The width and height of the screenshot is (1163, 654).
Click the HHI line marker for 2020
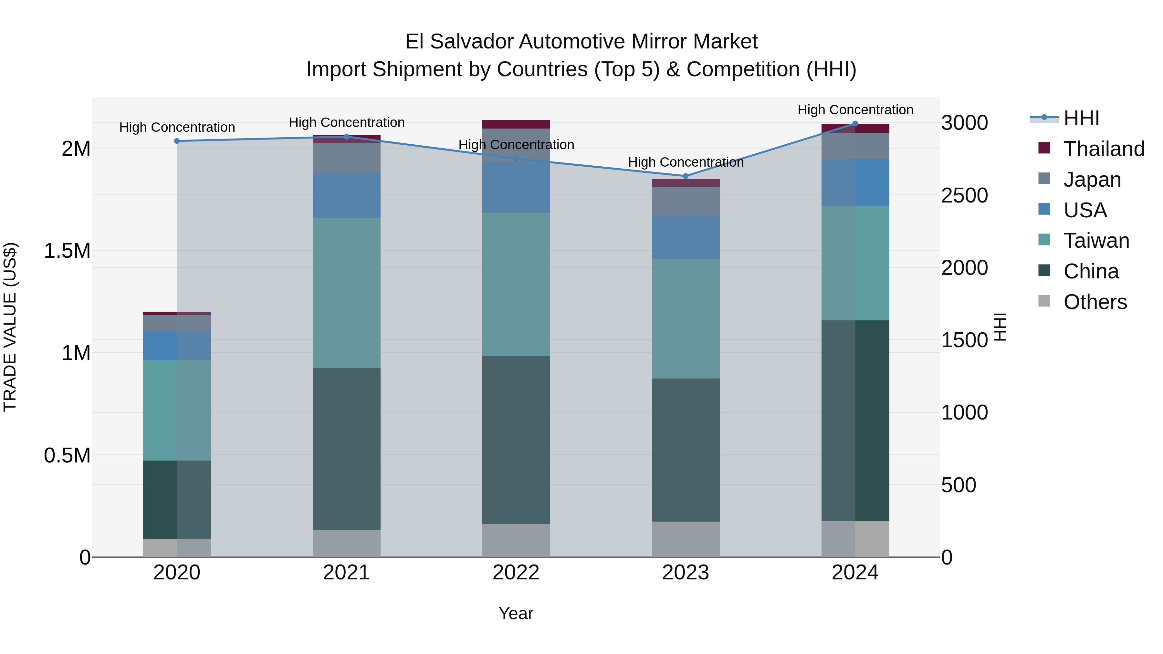[177, 141]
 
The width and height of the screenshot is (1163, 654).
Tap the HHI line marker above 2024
[855, 124]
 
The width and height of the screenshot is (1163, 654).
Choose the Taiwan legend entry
[1096, 241]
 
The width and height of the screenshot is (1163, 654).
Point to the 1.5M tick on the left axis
[67, 251]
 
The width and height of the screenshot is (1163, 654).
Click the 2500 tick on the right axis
[964, 195]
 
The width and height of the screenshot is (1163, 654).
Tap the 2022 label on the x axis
[516, 573]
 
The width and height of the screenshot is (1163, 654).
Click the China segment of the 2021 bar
[346, 449]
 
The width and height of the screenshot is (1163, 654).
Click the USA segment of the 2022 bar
[516, 187]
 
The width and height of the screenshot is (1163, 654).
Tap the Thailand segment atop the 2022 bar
[516, 124]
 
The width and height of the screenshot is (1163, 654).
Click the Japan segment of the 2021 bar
[346, 158]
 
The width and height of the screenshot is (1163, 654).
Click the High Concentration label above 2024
[855, 110]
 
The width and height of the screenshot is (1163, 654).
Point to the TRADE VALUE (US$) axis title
[10, 327]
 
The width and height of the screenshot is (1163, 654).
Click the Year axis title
[516, 613]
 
